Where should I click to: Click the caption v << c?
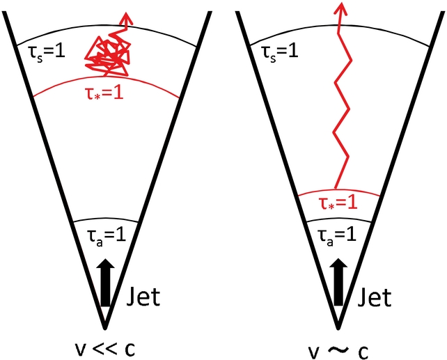point(104,346)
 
